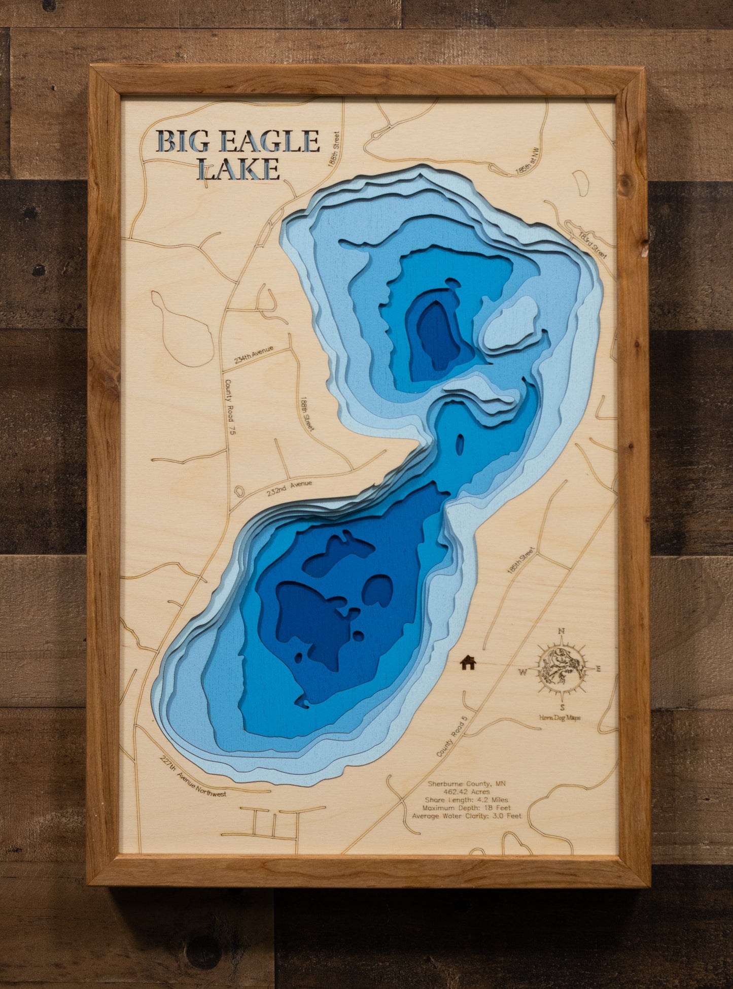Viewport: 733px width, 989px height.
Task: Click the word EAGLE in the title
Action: pos(271,141)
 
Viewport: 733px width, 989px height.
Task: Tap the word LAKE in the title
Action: pos(238,169)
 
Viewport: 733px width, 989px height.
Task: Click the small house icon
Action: pos(468,662)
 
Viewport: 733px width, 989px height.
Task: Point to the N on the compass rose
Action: pos(561,632)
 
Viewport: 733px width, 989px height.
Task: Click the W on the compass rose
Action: pos(522,673)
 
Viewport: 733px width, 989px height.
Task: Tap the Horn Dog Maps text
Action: pos(560,717)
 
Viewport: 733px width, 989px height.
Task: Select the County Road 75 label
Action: pos(230,400)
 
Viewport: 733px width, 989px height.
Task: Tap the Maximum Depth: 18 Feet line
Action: pos(466,807)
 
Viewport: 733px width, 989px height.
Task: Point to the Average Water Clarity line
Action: pos(466,816)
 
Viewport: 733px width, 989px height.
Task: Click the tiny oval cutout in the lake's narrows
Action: pos(460,445)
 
